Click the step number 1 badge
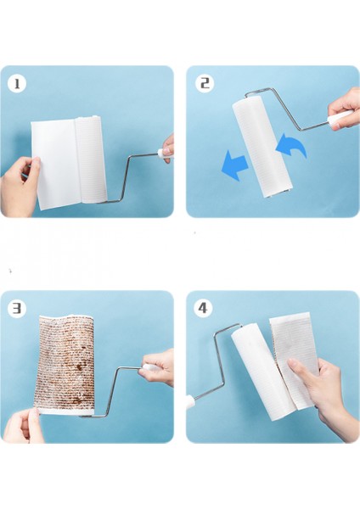(x=17, y=84)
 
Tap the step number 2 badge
(x=205, y=83)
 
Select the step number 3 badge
(x=17, y=308)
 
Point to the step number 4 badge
(x=203, y=307)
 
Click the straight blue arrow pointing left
(x=235, y=165)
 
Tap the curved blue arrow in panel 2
(x=290, y=145)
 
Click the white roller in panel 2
(x=262, y=148)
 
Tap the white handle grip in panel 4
(x=190, y=402)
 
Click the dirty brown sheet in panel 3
(x=65, y=362)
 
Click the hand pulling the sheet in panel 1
(x=20, y=187)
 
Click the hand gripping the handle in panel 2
(x=345, y=110)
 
